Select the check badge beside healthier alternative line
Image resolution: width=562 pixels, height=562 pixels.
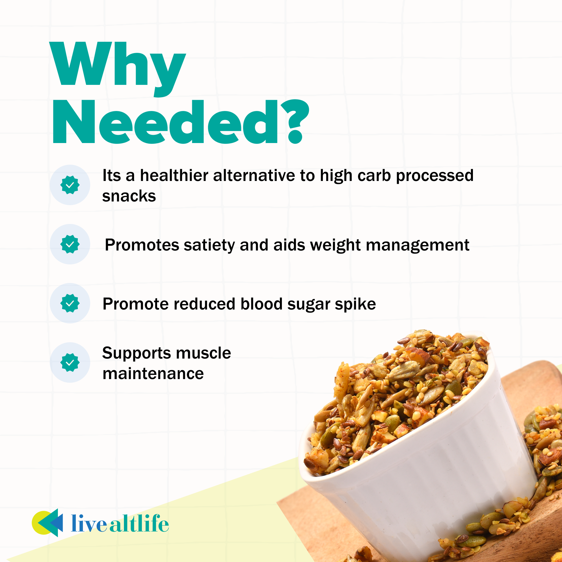coord(70,185)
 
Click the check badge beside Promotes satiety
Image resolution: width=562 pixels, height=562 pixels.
coord(70,244)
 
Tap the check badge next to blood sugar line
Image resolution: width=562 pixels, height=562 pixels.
coord(70,303)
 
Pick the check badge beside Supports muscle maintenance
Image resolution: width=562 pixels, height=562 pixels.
coord(70,362)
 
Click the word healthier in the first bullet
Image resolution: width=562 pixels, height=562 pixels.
coord(174,176)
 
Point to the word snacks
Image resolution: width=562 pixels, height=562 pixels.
coord(129,196)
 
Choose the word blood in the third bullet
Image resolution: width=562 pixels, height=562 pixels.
coord(262,304)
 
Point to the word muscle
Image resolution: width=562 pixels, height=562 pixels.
coord(203,353)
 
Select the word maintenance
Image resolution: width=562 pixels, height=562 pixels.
coord(153,374)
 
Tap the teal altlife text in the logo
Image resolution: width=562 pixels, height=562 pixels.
coord(139,524)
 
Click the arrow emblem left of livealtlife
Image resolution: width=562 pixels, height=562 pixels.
coord(47,523)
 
